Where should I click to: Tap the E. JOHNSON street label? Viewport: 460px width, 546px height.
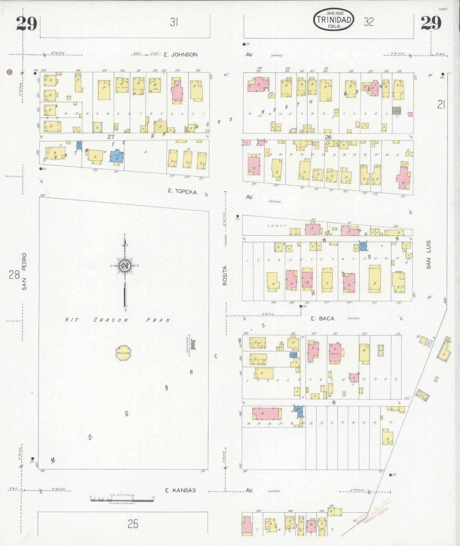pyautogui.click(x=180, y=54)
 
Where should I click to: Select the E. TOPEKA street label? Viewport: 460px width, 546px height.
pyautogui.click(x=182, y=191)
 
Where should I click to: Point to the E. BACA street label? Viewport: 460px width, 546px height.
pyautogui.click(x=322, y=318)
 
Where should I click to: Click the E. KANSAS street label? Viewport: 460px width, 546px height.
pyautogui.click(x=180, y=490)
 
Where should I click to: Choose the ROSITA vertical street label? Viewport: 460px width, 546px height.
pyautogui.click(x=225, y=275)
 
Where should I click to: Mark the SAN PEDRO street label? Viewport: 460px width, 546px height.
pyautogui.click(x=24, y=272)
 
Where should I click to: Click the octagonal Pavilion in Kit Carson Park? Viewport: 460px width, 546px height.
pyautogui.click(x=123, y=353)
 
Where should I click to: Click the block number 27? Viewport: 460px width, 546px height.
pyautogui.click(x=110, y=137)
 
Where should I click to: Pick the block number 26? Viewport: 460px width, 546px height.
pyautogui.click(x=328, y=137)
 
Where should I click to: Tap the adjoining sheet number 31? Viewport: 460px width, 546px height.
pyautogui.click(x=173, y=22)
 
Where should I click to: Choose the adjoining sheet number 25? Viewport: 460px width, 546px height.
pyautogui.click(x=133, y=524)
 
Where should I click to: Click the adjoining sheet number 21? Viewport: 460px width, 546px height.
pyautogui.click(x=441, y=104)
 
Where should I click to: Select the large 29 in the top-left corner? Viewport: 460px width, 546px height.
pyautogui.click(x=27, y=24)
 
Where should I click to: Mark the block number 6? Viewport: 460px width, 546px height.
pyautogui.click(x=334, y=402)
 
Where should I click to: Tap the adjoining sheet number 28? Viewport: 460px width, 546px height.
pyautogui.click(x=14, y=274)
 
